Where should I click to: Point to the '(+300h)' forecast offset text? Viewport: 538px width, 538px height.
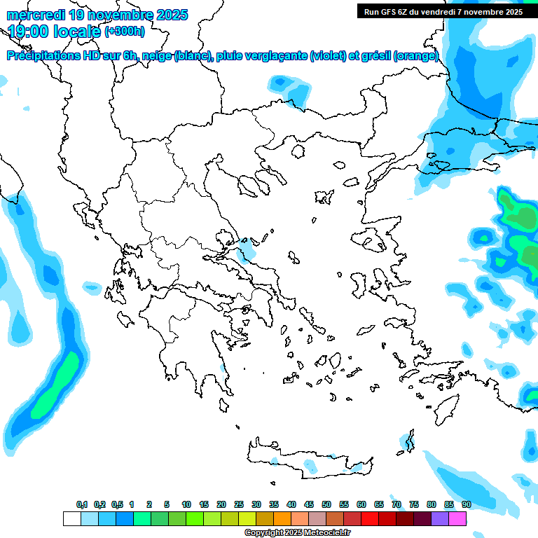click(x=125, y=32)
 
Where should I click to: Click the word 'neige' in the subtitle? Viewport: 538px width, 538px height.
click(x=153, y=56)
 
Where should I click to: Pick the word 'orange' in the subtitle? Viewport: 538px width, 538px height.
click(x=418, y=56)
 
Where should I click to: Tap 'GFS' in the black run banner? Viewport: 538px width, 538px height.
click(x=389, y=11)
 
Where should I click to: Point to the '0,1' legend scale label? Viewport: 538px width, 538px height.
click(x=82, y=504)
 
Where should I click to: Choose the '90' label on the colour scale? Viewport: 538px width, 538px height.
click(x=467, y=504)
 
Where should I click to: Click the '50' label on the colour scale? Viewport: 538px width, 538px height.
click(x=326, y=504)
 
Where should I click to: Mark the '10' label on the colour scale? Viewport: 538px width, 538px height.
click(x=186, y=504)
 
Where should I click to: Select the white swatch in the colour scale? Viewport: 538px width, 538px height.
click(x=71, y=519)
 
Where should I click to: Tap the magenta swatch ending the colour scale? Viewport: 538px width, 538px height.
click(x=457, y=519)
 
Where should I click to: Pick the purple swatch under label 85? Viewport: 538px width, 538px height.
click(x=440, y=519)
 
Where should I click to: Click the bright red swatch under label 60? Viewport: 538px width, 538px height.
click(x=370, y=519)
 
